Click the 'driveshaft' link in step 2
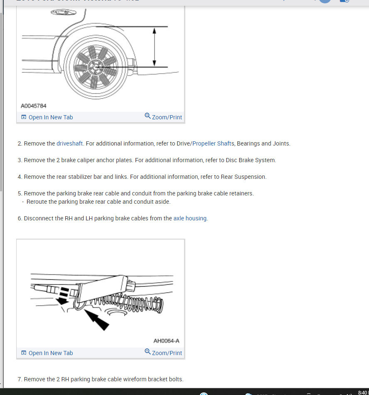[x=70, y=143]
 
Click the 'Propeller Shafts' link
[x=213, y=143]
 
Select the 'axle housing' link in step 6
[x=190, y=218]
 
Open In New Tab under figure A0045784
[x=47, y=117]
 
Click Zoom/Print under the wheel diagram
[x=163, y=117]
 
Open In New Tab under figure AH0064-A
[x=47, y=353]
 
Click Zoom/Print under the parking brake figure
[x=163, y=353]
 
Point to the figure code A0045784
[x=34, y=106]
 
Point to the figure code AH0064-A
[x=166, y=341]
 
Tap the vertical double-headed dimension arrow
[x=154, y=47]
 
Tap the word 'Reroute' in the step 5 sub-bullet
[x=37, y=202]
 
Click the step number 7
[x=20, y=379]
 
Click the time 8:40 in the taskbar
[x=362, y=392]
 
